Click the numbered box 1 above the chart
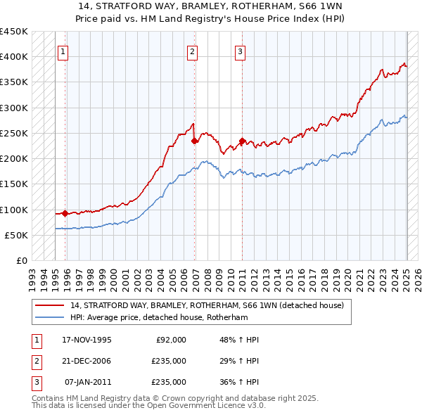pyautogui.click(x=63, y=51)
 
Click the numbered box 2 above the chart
pyautogui.click(x=193, y=51)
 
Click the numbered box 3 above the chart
pyautogui.click(x=240, y=51)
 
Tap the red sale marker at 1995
pyautogui.click(x=65, y=213)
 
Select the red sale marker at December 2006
pyautogui.click(x=195, y=141)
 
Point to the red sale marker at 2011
pyautogui.click(x=242, y=141)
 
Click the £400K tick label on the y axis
pyautogui.click(x=14, y=56)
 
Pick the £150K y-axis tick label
pyautogui.click(x=14, y=184)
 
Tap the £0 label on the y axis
pyautogui.click(x=21, y=261)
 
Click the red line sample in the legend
pyautogui.click(x=49, y=306)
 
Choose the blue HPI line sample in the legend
pyautogui.click(x=49, y=318)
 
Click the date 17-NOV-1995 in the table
pyautogui.click(x=87, y=340)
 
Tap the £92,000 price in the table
pyautogui.click(x=171, y=340)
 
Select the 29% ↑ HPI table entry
pyautogui.click(x=239, y=361)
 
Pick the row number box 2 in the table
pyautogui.click(x=35, y=361)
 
